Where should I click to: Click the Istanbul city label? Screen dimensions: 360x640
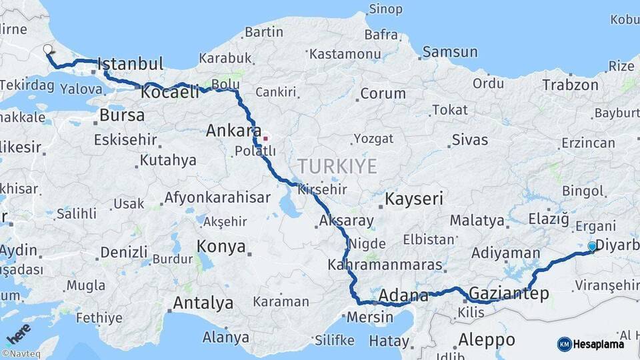tap(131, 65)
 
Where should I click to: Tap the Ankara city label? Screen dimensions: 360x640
tap(233, 131)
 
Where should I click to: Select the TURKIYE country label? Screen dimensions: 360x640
tap(337, 166)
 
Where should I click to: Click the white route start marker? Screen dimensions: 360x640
tap(48, 49)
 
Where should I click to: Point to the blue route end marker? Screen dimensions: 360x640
tap(592, 246)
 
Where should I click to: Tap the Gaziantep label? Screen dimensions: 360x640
tap(509, 293)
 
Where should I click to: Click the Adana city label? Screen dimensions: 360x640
tap(403, 295)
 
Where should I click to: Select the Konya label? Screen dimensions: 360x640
tap(221, 247)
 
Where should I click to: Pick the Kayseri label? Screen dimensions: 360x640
tap(414, 199)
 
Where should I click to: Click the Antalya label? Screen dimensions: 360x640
tap(203, 303)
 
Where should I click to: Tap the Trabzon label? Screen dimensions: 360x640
tap(570, 85)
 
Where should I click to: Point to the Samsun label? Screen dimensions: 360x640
tap(450, 52)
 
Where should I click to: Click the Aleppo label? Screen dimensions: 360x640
tap(487, 340)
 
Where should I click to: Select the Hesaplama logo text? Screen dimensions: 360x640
tap(599, 344)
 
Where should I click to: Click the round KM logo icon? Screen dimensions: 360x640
tap(565, 344)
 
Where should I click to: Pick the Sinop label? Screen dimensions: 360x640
tap(386, 9)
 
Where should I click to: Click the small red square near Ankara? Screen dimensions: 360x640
tap(265, 139)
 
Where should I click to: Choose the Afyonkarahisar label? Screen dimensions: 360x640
tap(217, 197)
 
